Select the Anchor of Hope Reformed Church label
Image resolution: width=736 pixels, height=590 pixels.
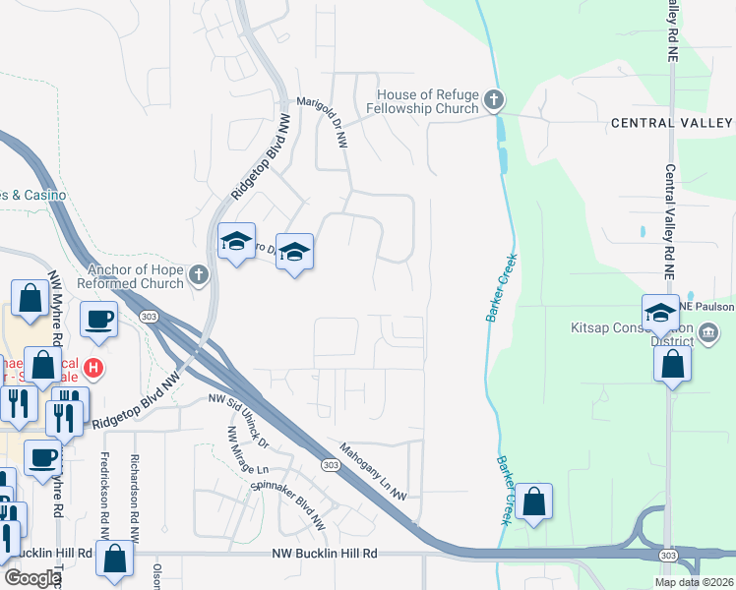pos(137,275)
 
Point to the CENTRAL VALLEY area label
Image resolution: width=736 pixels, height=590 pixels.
pos(672,123)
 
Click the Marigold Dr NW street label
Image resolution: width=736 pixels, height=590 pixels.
pos(324,123)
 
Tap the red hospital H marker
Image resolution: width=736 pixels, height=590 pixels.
pos(92,370)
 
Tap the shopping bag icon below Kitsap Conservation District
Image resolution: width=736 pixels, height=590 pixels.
pos(671,364)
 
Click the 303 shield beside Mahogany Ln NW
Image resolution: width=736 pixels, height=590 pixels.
pos(329,465)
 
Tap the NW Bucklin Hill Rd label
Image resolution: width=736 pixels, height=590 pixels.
pos(326,555)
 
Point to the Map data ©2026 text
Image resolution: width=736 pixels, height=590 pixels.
pos(693,582)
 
